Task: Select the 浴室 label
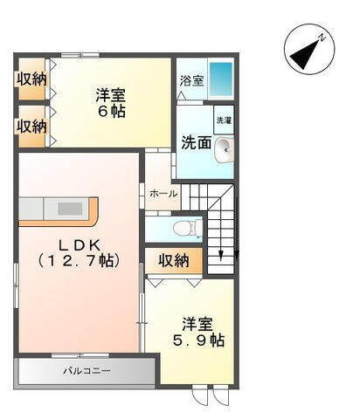pos(191,81)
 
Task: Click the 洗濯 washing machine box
pos(224,120)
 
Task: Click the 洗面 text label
pos(196,143)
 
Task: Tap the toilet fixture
pos(185,229)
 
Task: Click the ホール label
pos(163,193)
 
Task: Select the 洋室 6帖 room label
pos(112,102)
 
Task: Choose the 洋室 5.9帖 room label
pos(197,330)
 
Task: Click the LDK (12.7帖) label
pos(77,251)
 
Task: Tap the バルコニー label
pos(86,371)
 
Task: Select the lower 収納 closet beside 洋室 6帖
pos(31,125)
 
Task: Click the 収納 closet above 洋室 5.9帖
pos(174,259)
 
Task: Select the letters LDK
pos(77,242)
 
